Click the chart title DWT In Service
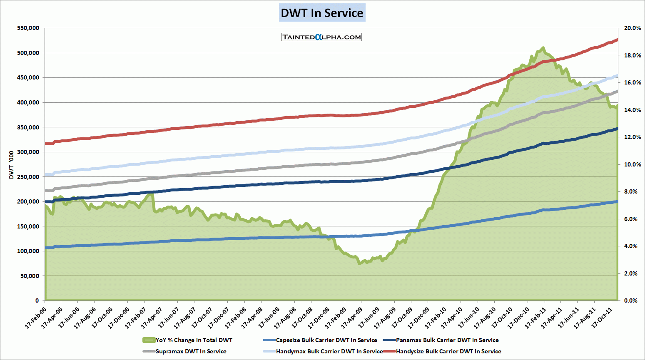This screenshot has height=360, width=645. [322, 13]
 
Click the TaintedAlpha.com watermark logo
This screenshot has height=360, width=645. [321, 37]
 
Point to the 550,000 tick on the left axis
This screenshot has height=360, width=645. [28, 28]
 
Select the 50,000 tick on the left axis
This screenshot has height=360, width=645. [30, 276]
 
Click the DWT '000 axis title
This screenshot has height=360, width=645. [11, 165]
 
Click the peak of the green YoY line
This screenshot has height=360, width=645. [543, 48]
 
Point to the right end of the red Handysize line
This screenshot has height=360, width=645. [617, 40]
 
